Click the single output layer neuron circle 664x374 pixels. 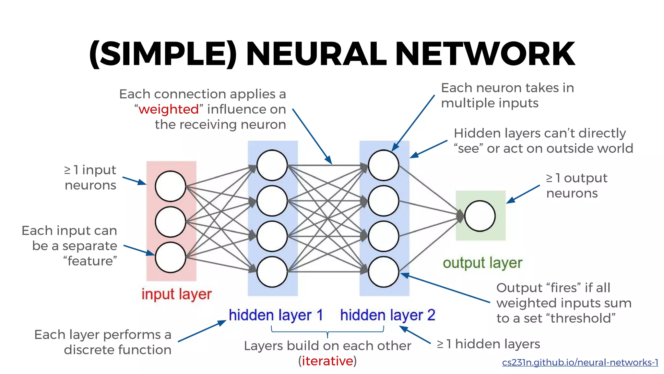click(480, 216)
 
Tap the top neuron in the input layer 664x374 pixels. click(170, 186)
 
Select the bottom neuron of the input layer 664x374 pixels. click(170, 257)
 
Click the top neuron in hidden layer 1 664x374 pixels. click(272, 165)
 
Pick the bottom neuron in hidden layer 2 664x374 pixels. click(384, 272)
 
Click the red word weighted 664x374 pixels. click(168, 109)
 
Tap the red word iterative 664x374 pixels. click(327, 361)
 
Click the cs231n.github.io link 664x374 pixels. click(580, 363)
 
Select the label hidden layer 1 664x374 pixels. click(276, 315)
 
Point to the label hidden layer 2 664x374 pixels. click(387, 315)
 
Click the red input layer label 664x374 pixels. click(176, 294)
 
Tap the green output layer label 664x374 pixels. click(482, 263)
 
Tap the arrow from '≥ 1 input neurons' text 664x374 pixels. click(134, 181)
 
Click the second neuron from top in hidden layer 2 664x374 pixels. click(384, 201)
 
